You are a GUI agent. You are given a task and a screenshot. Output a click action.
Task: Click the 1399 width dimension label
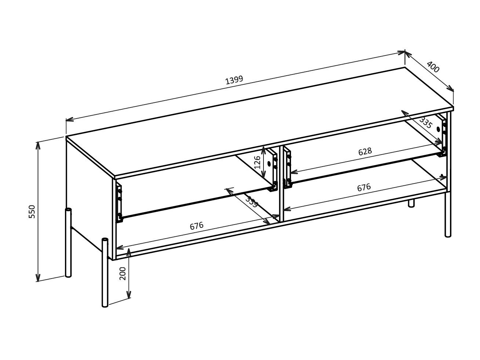click(x=234, y=80)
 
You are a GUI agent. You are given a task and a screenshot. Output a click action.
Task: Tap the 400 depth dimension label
click(x=433, y=67)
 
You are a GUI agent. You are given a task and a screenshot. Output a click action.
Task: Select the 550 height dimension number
click(x=32, y=212)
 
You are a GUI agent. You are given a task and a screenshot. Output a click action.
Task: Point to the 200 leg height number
click(x=123, y=273)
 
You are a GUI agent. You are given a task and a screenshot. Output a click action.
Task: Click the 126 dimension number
click(x=257, y=162)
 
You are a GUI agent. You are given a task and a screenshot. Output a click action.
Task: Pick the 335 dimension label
click(x=426, y=122)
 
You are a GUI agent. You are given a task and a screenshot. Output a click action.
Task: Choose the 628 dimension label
click(x=365, y=151)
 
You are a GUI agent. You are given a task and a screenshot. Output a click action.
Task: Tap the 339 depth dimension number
click(x=252, y=202)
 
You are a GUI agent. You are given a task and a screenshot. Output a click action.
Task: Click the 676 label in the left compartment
click(x=197, y=226)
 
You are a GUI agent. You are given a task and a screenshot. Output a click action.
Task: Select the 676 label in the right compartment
click(x=364, y=187)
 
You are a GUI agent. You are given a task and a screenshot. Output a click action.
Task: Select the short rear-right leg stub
click(x=411, y=203)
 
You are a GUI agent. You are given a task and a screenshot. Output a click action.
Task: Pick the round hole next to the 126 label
click(x=269, y=164)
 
